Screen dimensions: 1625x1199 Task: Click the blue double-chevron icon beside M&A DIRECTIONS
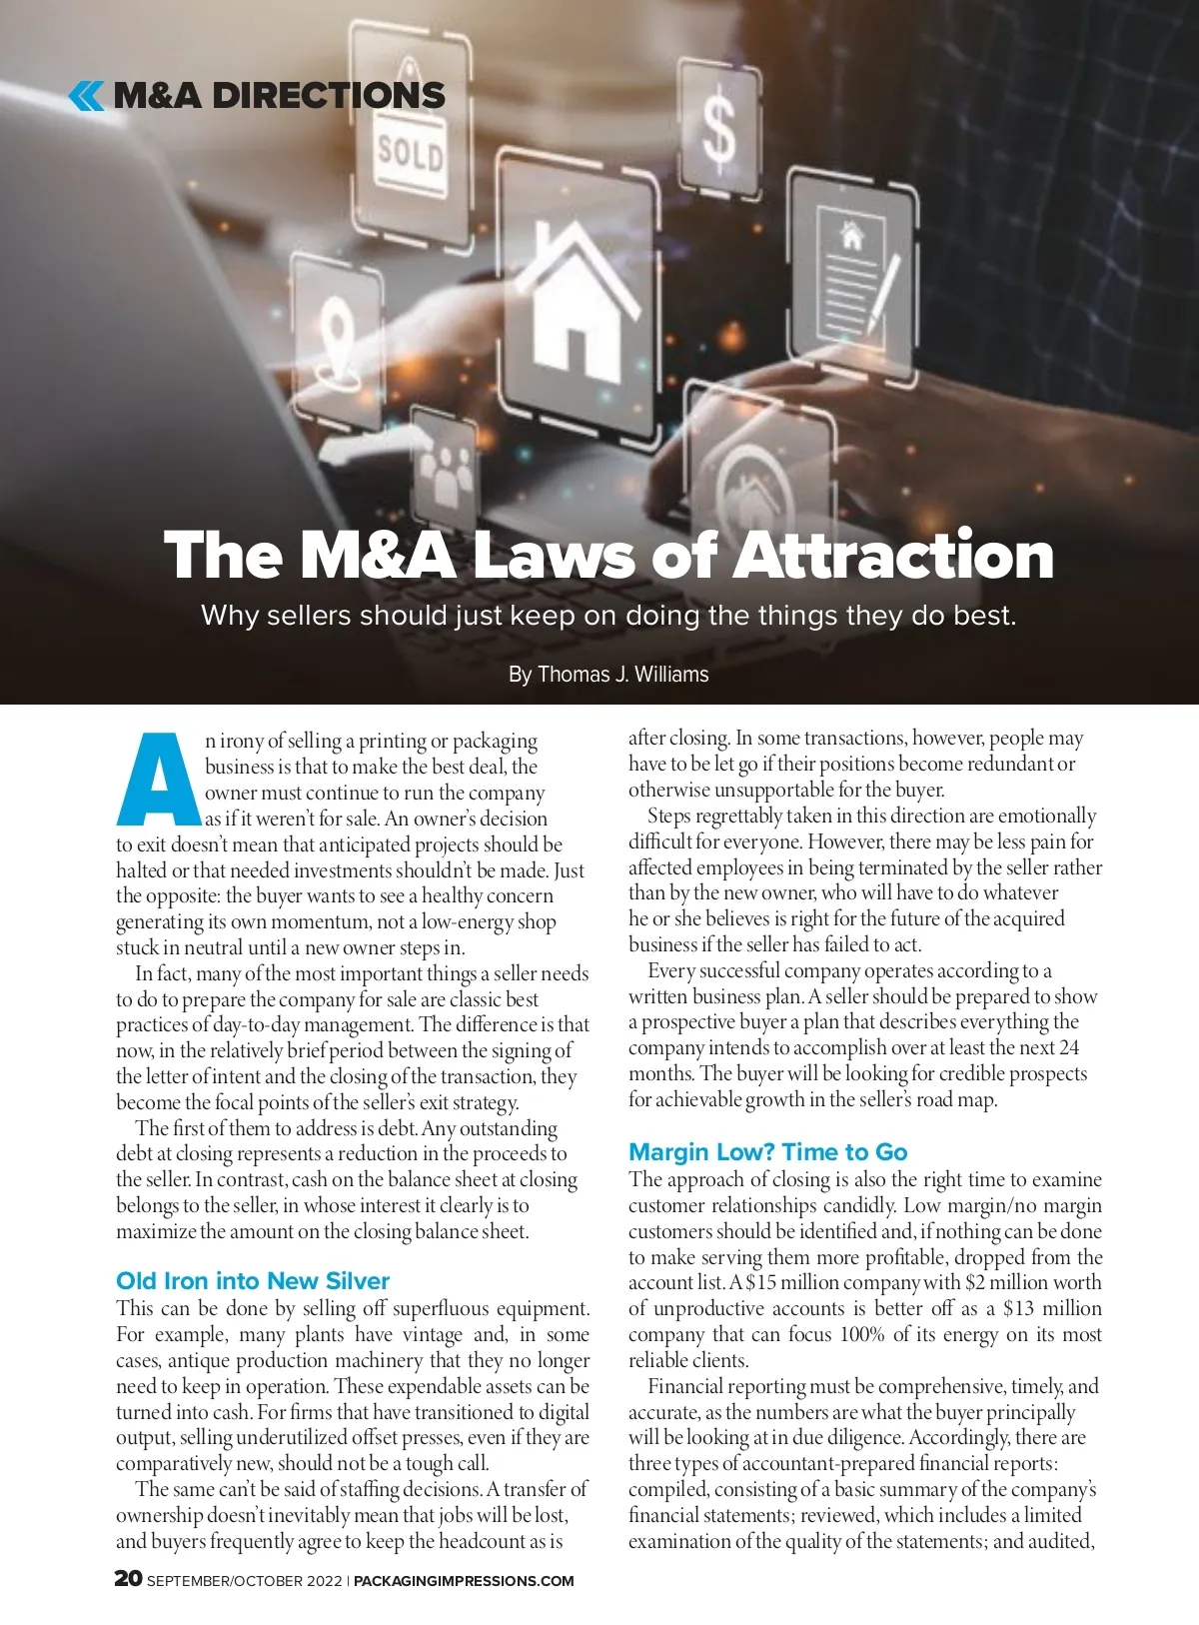pyautogui.click(x=86, y=96)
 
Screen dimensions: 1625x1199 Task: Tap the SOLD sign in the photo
pyautogui.click(x=410, y=154)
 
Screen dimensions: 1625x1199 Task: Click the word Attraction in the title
pyautogui.click(x=894, y=556)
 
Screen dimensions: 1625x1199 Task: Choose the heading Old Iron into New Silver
pyautogui.click(x=253, y=1281)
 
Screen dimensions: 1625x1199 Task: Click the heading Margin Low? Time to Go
pyautogui.click(x=767, y=1152)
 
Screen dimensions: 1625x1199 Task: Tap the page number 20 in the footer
pyautogui.click(x=128, y=1579)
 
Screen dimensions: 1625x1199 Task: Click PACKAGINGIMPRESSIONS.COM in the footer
pyautogui.click(x=464, y=1581)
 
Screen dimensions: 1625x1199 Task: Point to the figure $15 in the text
pyautogui.click(x=761, y=1283)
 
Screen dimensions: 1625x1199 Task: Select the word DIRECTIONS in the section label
pyautogui.click(x=329, y=96)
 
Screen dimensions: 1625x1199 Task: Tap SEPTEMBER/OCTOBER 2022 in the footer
pyautogui.click(x=245, y=1581)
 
